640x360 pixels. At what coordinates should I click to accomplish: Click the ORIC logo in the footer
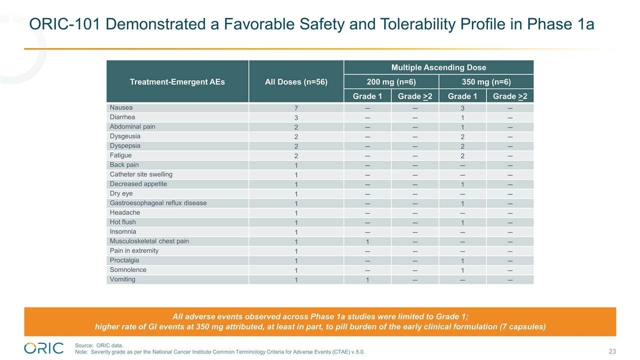[44, 348]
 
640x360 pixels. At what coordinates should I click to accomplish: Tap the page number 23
[612, 351]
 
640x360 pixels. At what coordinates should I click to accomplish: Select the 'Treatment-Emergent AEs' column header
[177, 82]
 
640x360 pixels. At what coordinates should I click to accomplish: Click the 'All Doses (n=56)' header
[296, 82]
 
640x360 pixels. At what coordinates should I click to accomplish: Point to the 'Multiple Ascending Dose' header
[438, 67]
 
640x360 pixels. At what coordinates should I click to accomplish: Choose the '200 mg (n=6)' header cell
[391, 82]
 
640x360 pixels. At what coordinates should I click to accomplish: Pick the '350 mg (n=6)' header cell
[486, 82]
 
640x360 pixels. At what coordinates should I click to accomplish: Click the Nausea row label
[121, 107]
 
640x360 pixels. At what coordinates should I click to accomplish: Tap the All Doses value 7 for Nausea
[296, 108]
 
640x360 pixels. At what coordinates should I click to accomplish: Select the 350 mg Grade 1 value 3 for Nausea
[462, 108]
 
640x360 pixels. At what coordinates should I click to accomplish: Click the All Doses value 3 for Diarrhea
[296, 117]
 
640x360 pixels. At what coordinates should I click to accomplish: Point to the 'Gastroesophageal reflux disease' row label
[158, 203]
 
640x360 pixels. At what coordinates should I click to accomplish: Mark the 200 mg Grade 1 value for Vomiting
[367, 280]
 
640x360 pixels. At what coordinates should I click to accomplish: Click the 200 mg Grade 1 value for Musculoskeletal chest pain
[367, 241]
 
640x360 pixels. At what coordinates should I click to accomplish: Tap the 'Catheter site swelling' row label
[141, 174]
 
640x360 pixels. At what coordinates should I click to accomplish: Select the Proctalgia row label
[124, 260]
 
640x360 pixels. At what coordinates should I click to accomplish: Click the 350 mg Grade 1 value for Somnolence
[462, 270]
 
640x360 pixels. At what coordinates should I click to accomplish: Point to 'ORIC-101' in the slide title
[64, 24]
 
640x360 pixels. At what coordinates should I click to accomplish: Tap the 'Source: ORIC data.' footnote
[99, 345]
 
